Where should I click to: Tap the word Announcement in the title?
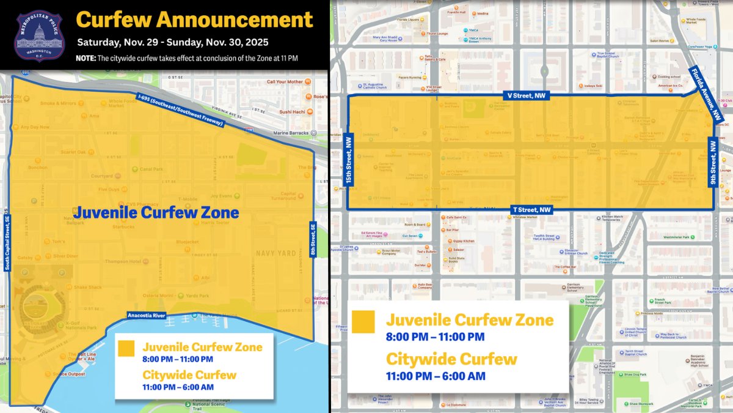(x=235, y=20)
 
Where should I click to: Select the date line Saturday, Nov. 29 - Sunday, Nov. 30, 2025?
(x=172, y=43)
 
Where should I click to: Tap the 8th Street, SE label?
(x=313, y=239)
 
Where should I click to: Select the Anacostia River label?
(x=147, y=315)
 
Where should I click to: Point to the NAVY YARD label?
(x=275, y=253)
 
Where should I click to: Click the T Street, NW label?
(x=531, y=210)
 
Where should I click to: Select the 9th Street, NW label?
(x=712, y=162)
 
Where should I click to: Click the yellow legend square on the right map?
(x=363, y=322)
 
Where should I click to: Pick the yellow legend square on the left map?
(x=126, y=348)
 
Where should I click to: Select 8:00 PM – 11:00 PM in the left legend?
(x=178, y=359)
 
